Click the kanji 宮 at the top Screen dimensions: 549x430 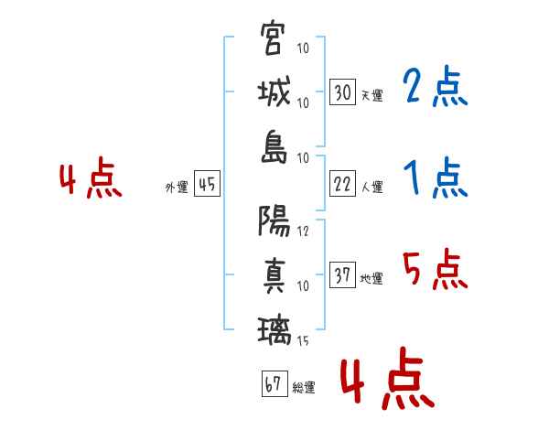272,38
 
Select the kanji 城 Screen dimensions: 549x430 274,92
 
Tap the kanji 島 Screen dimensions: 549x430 274,147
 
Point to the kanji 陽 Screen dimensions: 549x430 274,220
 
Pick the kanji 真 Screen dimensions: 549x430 274,276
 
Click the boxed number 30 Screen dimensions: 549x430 342,91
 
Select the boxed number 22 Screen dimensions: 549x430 342,184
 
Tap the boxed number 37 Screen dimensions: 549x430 342,274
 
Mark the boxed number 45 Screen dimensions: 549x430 207,184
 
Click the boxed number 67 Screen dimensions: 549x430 274,383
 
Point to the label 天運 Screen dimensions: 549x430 372,95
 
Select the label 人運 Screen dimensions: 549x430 372,187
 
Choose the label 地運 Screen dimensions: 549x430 371,279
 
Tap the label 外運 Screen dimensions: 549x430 177,187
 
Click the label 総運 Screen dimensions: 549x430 304,387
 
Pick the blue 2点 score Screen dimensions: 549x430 435,86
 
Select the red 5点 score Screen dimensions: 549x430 435,269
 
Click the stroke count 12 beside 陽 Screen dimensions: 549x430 303,231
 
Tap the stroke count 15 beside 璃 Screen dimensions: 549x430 303,340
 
